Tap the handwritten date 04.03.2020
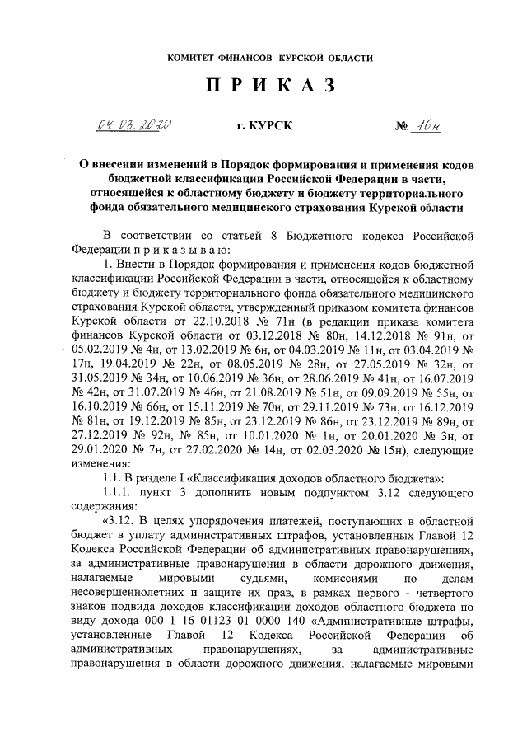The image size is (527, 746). coord(133,125)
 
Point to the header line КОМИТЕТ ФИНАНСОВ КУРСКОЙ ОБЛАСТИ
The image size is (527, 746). coord(263,59)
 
